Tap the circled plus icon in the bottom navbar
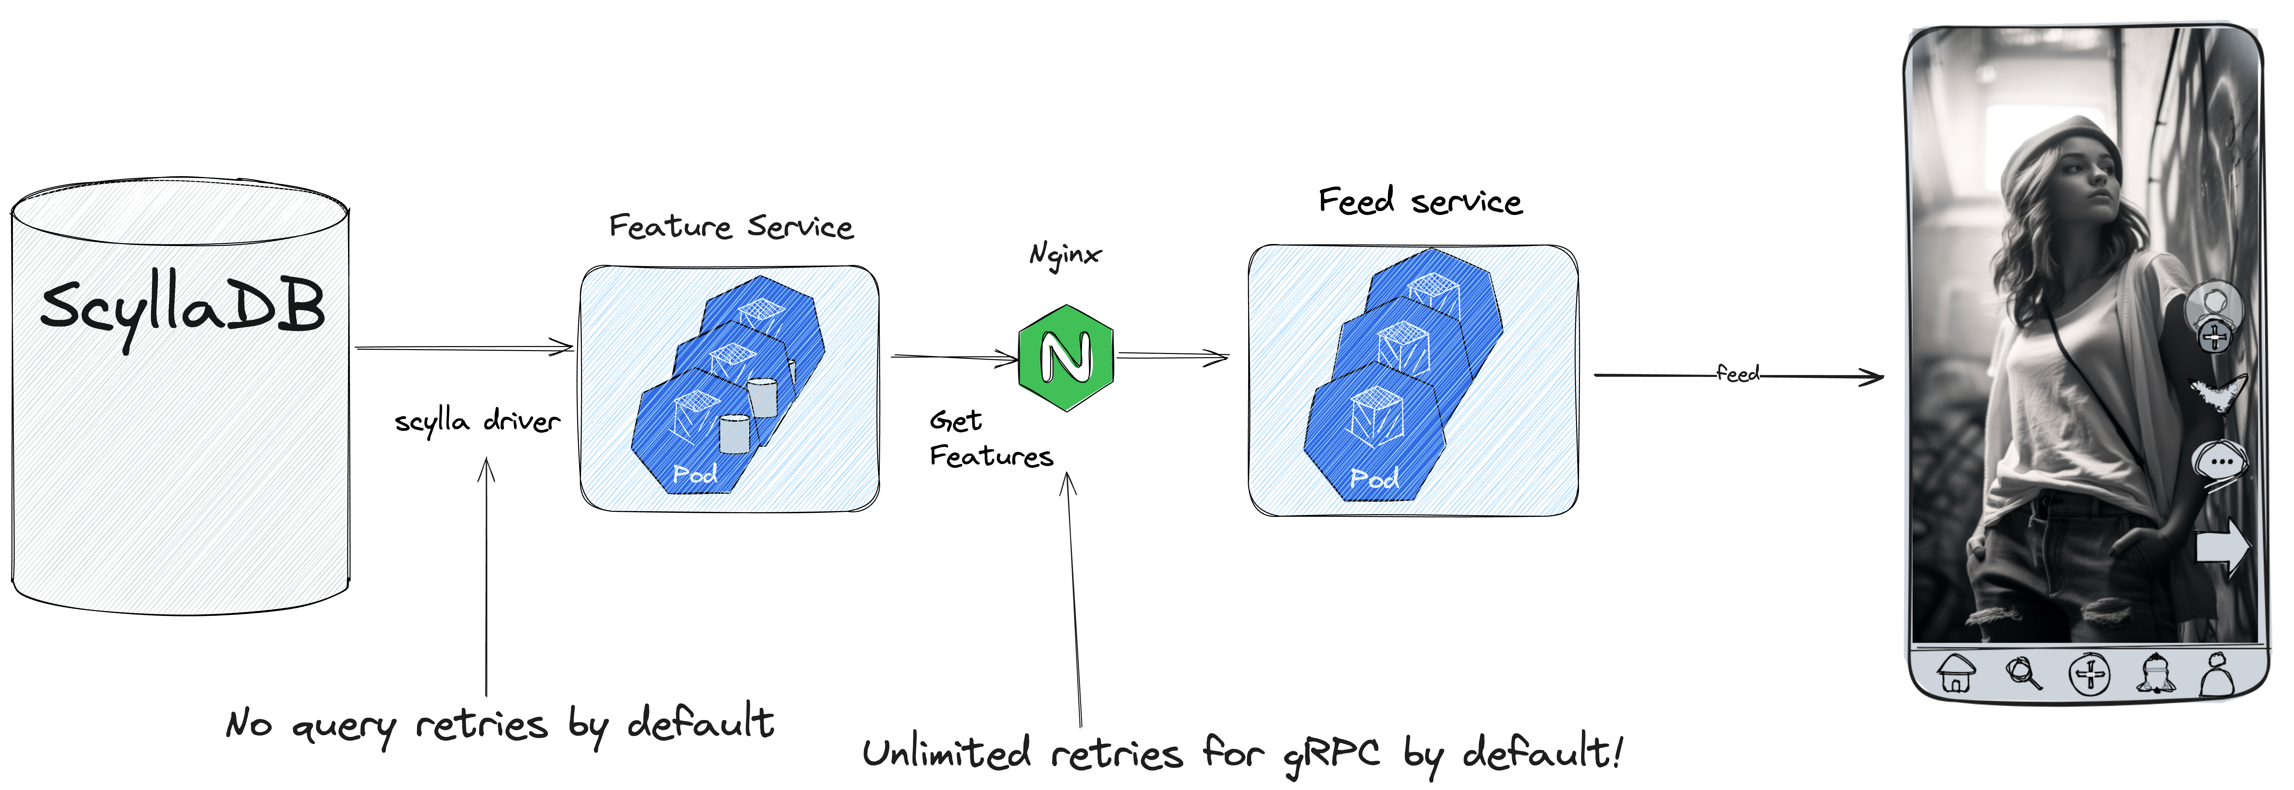coord(2088,674)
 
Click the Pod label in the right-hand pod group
coord(1374,478)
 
